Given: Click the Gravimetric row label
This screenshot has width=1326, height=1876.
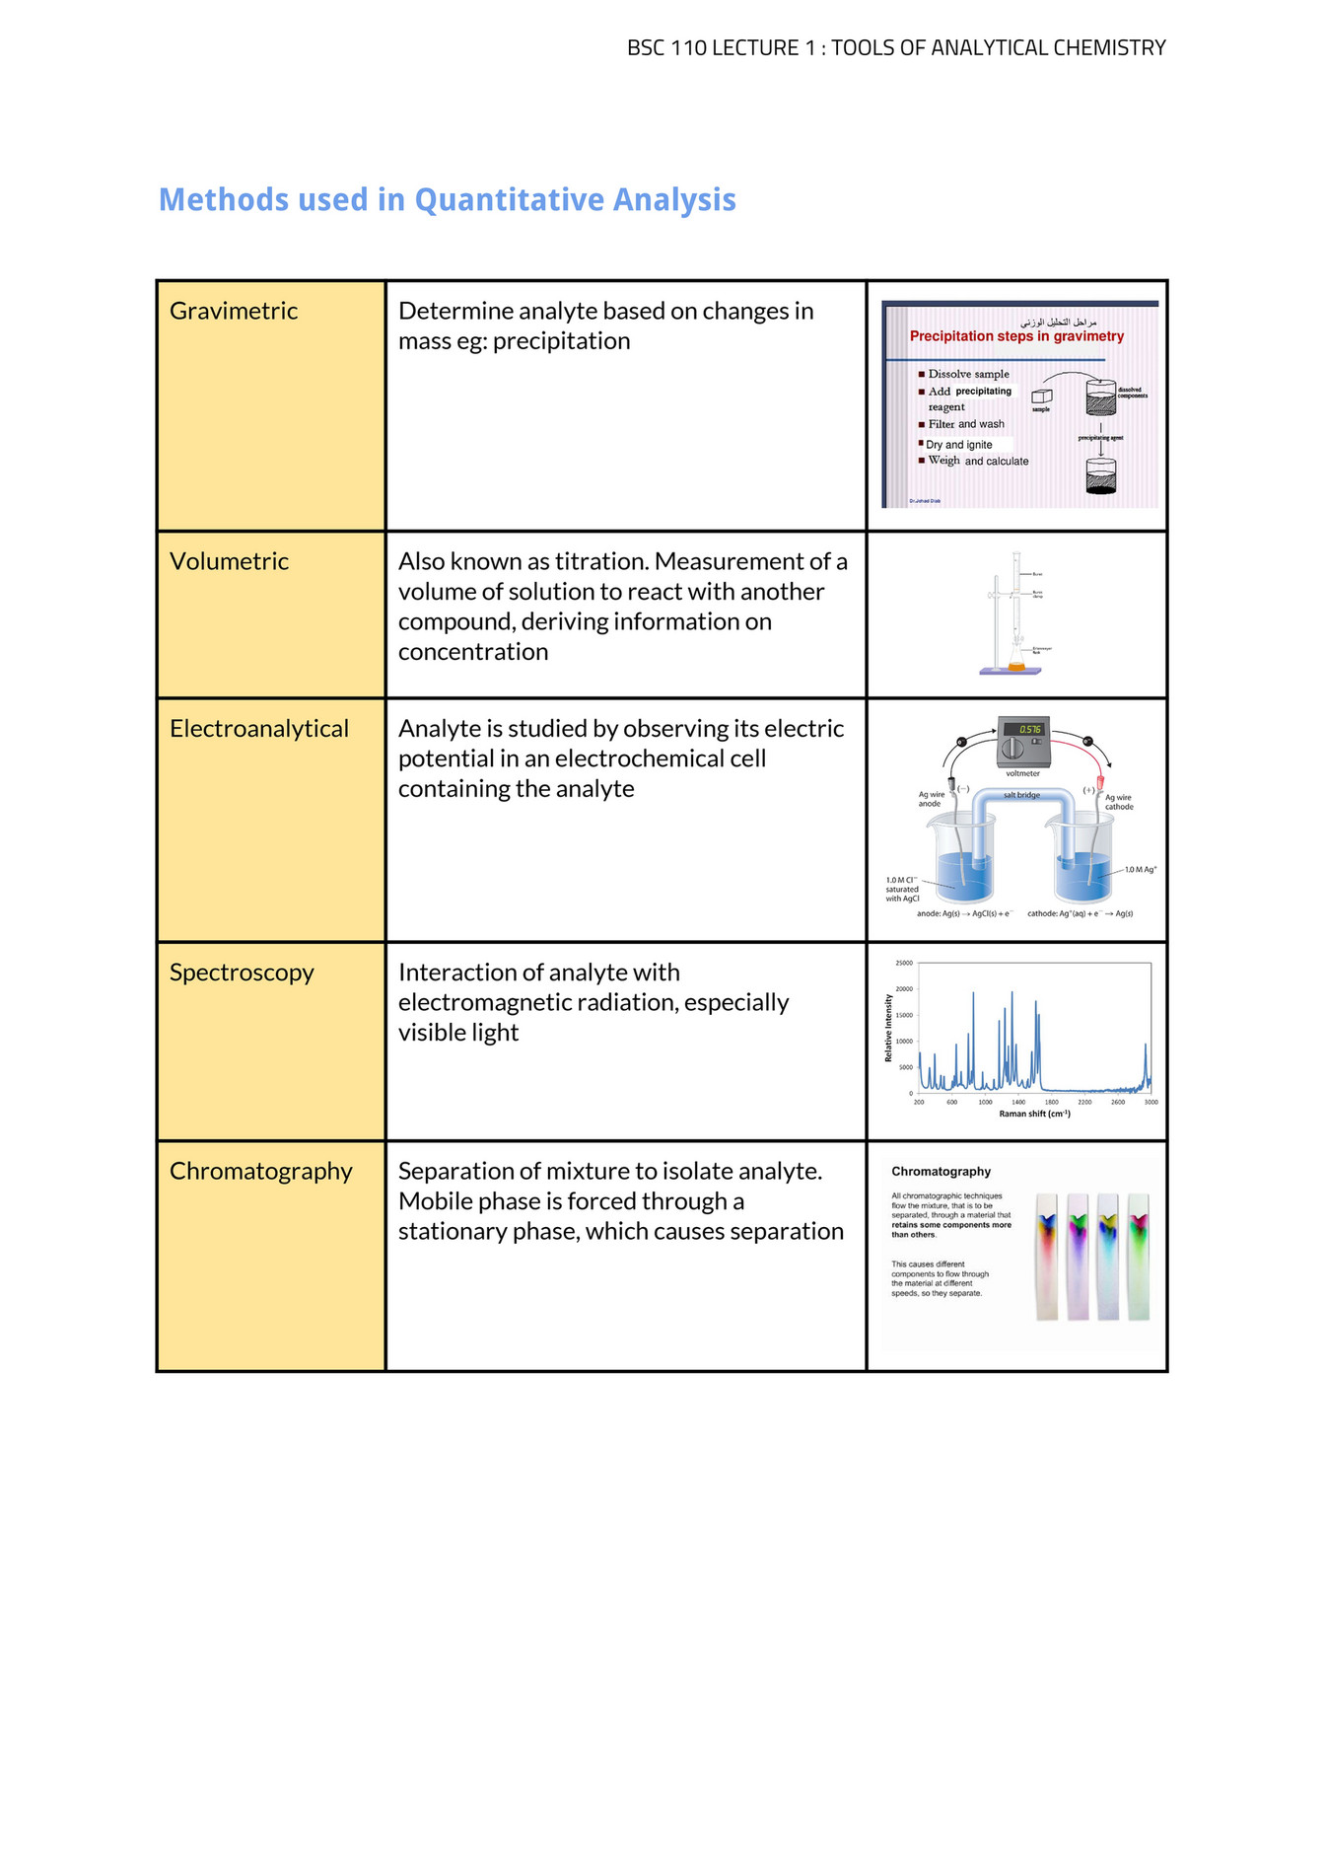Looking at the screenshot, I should point(234,311).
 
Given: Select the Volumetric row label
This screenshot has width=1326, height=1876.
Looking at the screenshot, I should point(229,561).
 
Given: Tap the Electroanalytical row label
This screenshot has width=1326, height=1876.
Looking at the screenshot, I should point(259,729).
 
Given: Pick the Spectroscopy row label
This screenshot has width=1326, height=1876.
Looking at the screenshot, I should point(242,973).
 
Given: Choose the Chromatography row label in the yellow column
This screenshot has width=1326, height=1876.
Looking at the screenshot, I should point(261,1171).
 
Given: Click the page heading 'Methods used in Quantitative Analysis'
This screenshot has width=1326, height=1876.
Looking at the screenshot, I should point(448,199).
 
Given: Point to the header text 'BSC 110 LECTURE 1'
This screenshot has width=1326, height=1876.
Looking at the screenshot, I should point(713,47).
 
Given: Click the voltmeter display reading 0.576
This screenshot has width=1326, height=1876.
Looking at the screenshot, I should point(1029,730).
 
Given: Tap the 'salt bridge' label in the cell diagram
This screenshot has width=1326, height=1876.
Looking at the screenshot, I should point(1021,795).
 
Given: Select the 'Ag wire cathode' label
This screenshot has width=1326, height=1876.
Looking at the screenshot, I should point(1118,802).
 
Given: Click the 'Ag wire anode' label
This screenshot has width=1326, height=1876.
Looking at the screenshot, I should point(931,799).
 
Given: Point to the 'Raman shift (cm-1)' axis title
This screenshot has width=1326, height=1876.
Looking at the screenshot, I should point(1034,1114).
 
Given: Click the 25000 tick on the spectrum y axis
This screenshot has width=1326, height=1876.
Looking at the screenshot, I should point(904,963).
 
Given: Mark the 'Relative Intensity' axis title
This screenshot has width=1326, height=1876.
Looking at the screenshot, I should point(888,1028).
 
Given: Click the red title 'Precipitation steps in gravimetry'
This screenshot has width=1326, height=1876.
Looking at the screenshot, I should point(1016,336).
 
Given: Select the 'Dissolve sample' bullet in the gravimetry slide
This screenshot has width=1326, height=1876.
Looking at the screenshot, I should point(968,374).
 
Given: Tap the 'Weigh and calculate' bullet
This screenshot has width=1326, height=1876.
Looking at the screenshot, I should point(977,461).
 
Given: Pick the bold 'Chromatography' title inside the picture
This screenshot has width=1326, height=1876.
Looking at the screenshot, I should point(941,1172).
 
